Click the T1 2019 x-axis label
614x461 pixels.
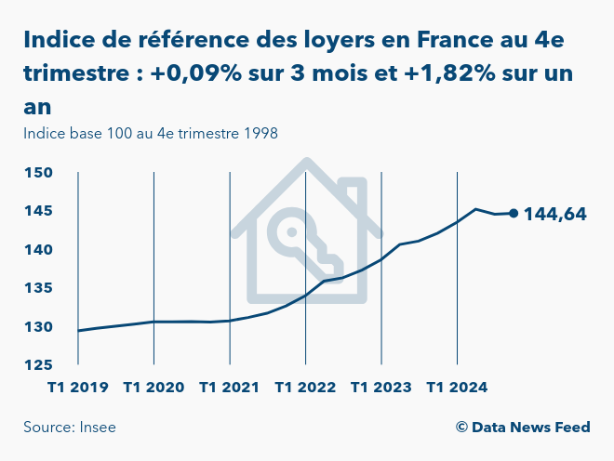(78, 387)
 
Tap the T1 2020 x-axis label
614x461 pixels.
(153, 387)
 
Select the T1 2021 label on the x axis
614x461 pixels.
(230, 387)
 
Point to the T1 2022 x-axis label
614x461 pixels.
(305, 387)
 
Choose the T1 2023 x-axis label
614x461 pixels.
(381, 387)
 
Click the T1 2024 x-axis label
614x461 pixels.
(457, 387)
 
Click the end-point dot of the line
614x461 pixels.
(514, 213)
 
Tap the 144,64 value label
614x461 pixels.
(555, 214)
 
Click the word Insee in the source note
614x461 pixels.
(97, 428)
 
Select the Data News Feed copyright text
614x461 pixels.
(523, 428)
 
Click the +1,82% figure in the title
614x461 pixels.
(443, 72)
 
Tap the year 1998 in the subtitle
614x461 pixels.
(260, 133)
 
